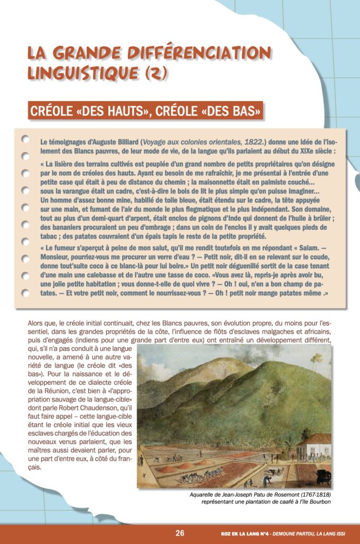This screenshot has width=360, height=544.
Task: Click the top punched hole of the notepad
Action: [x=25, y=139]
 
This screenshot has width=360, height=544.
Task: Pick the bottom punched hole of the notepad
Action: [x=25, y=293]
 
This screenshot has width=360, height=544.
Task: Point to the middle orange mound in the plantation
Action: [x=185, y=465]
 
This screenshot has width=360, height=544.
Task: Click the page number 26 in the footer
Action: [x=179, y=533]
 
